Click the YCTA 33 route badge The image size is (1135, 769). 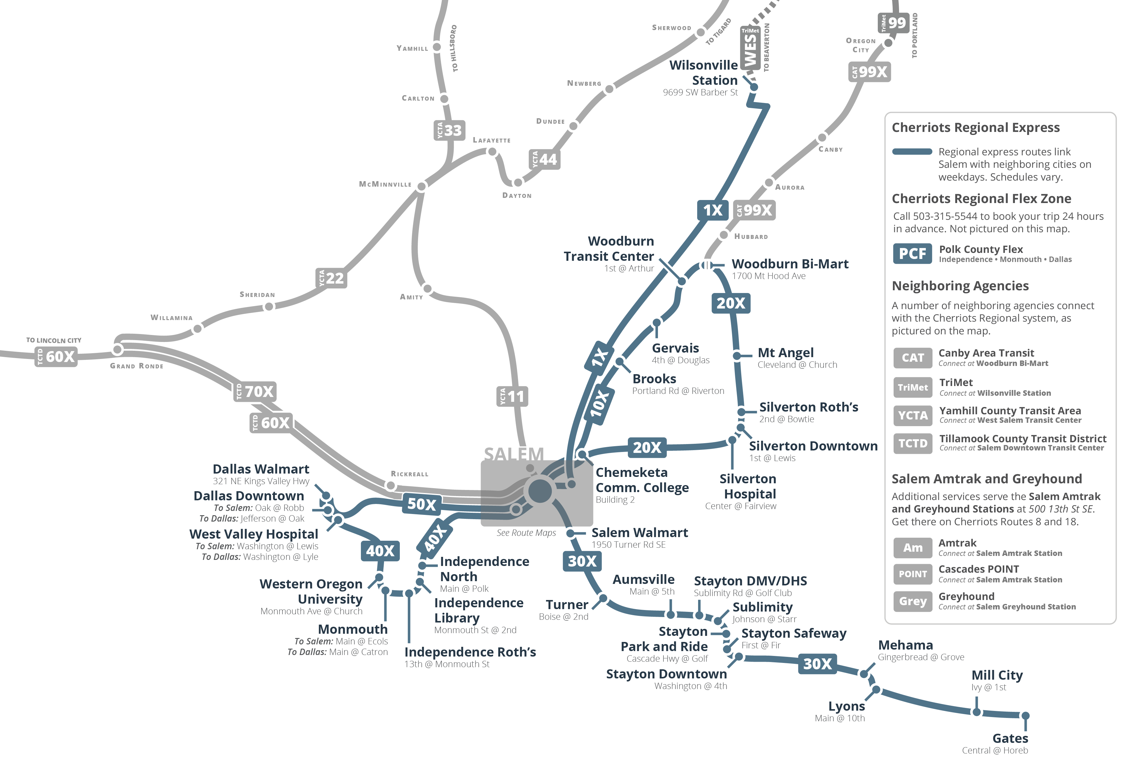pos(449,130)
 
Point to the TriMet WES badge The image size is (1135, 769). pos(750,48)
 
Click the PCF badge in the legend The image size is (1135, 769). pos(912,253)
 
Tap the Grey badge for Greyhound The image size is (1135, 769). pos(912,601)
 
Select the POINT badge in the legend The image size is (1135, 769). pos(912,574)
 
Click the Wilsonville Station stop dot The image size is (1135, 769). pos(753,87)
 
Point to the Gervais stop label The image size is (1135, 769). pos(675,348)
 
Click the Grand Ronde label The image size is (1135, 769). pos(137,366)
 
